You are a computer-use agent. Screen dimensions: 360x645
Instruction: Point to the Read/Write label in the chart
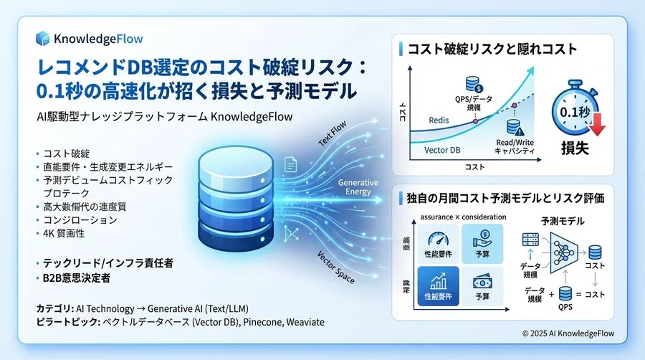pos(515,144)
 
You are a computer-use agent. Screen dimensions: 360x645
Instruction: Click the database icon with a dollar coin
pos(474,84)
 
